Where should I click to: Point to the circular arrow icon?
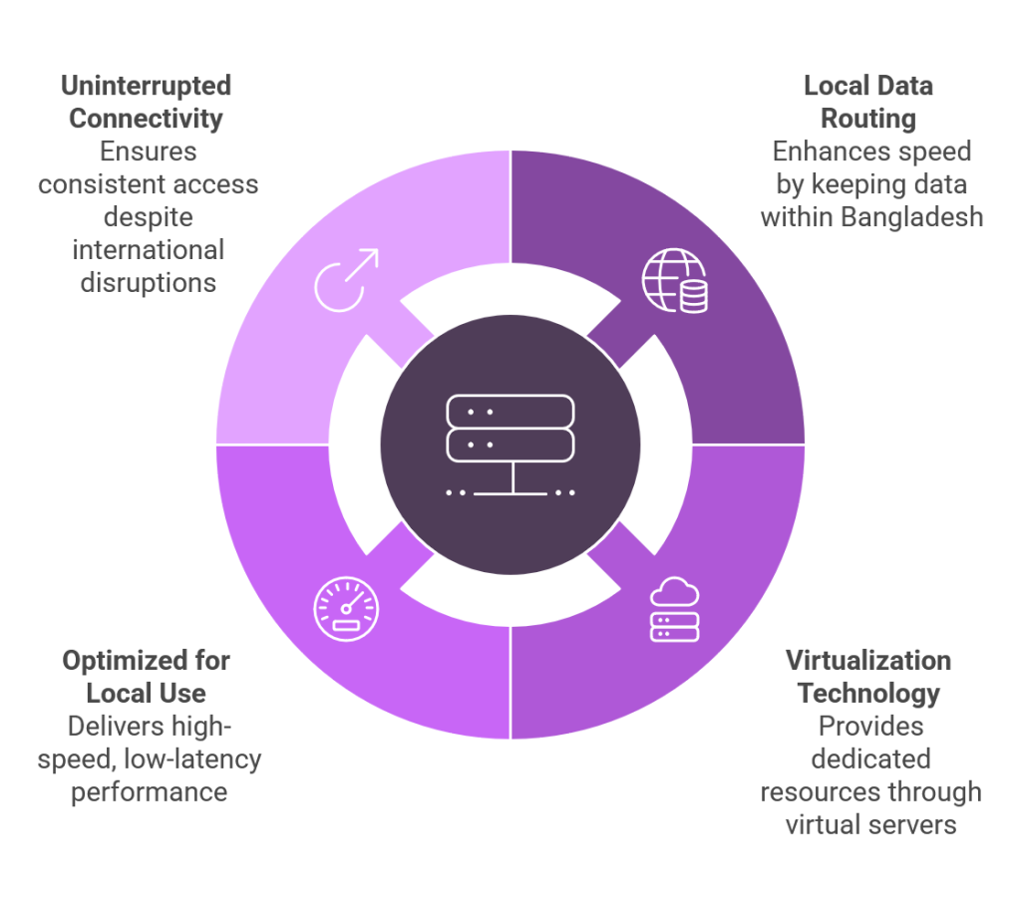point(345,280)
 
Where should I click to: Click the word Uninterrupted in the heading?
point(146,86)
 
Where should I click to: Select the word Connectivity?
point(146,119)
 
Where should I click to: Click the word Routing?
point(868,119)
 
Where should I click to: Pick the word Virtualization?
point(868,660)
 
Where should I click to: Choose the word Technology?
point(868,693)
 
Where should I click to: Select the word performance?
point(149,792)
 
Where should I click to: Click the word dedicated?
point(868,759)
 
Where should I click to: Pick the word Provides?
point(868,726)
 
